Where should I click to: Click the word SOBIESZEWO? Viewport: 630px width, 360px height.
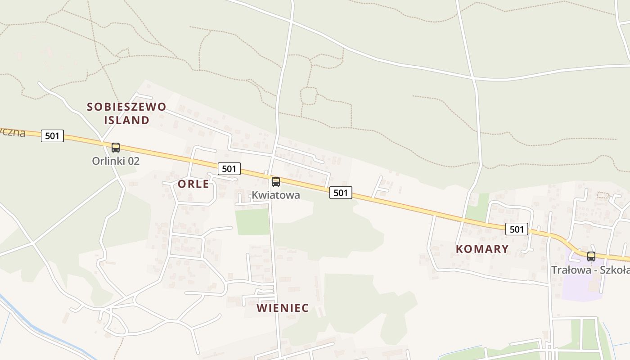(x=126, y=107)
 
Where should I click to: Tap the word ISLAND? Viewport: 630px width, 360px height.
(x=126, y=120)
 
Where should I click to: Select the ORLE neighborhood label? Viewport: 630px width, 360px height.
(x=193, y=184)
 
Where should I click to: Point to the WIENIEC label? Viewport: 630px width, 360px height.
(x=283, y=308)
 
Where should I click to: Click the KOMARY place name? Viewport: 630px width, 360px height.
(x=482, y=249)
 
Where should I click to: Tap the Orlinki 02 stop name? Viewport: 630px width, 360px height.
(x=116, y=161)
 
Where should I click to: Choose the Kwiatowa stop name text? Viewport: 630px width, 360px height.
(x=275, y=195)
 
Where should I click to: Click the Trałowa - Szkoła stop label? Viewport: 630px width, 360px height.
(x=590, y=270)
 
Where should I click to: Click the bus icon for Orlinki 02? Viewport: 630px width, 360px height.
(x=116, y=147)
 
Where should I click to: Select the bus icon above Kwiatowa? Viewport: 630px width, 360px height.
(x=276, y=182)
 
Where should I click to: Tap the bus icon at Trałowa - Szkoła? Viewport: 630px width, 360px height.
(x=591, y=256)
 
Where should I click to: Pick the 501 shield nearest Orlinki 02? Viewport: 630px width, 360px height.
(x=52, y=135)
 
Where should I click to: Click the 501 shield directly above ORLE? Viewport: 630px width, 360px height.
(x=229, y=169)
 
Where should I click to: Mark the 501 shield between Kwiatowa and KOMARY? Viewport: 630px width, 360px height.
(x=341, y=193)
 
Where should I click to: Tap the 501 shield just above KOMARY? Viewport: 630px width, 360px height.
(x=517, y=229)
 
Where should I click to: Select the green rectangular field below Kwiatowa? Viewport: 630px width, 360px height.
(x=252, y=221)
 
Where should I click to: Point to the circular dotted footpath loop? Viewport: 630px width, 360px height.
(x=309, y=95)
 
